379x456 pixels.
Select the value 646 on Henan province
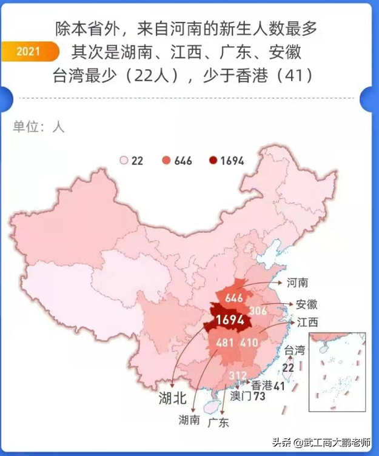click(x=234, y=299)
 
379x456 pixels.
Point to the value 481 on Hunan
click(x=225, y=343)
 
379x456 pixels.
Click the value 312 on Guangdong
click(x=238, y=375)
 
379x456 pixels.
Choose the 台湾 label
click(x=295, y=350)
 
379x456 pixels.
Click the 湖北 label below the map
click(x=172, y=398)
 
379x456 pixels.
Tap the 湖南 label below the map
click(x=189, y=420)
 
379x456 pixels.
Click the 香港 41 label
click(x=268, y=385)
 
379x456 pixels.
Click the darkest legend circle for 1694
click(x=213, y=161)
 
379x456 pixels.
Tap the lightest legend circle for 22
click(x=124, y=161)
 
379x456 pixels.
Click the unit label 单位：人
click(x=38, y=127)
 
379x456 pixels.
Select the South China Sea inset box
click(x=337, y=371)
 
